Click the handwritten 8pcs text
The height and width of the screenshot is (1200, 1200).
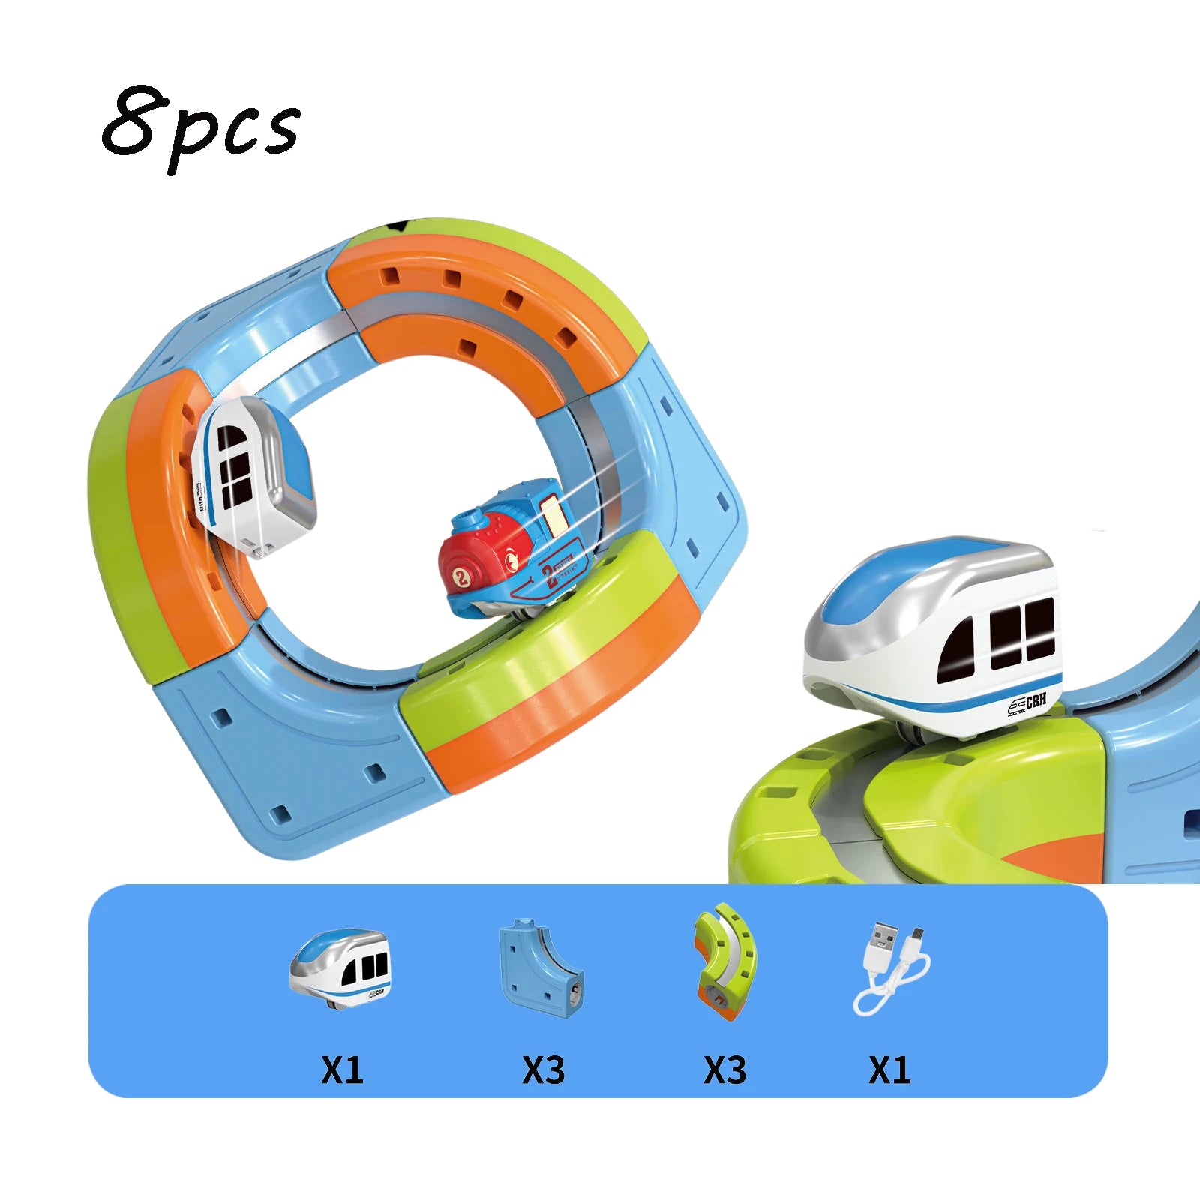201,127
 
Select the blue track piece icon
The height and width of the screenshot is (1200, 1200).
541,967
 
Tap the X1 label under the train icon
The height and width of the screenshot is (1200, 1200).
343,1070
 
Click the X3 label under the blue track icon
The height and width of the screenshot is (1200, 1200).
544,1070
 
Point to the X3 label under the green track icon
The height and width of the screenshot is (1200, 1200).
725,1070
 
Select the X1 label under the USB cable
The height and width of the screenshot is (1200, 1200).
890,1070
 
